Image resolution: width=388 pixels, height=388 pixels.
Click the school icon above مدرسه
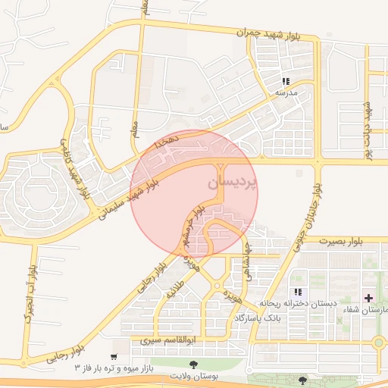point(286,81)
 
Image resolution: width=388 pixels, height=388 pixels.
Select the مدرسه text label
point(285,93)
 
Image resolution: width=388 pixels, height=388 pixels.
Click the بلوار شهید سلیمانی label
point(129,196)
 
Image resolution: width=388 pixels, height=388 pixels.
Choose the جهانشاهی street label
point(248,258)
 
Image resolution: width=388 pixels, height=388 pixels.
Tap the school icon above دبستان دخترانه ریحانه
point(298,292)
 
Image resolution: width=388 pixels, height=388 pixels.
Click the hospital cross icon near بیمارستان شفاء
point(369,299)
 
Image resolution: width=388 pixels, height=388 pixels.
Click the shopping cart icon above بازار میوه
point(114,356)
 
